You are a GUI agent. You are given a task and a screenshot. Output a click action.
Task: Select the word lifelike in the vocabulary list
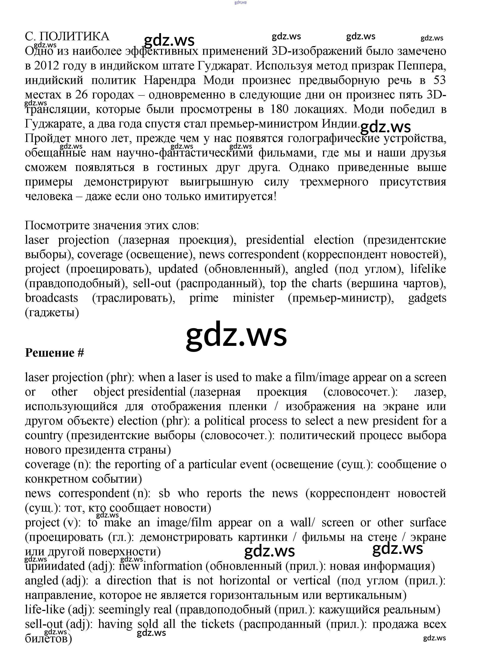click(428, 269)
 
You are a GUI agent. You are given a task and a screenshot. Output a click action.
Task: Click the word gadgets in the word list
click(427, 298)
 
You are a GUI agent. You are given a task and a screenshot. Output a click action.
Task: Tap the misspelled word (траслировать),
click(134, 298)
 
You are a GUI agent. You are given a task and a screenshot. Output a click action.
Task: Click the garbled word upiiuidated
click(55, 566)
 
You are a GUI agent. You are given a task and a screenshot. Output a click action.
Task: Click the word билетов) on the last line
click(48, 638)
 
